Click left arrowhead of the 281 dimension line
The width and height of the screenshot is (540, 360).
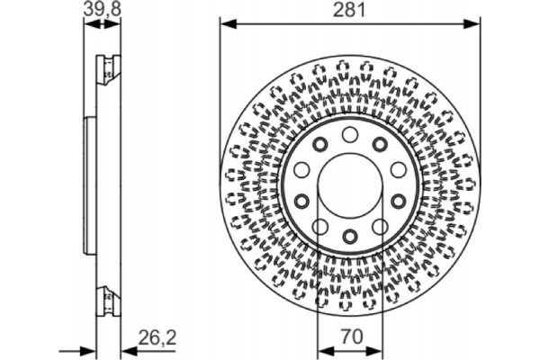[225, 24]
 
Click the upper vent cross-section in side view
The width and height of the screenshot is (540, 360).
[106, 67]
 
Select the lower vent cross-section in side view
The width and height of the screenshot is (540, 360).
[106, 296]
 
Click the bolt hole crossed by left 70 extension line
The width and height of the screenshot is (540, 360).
[320, 227]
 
